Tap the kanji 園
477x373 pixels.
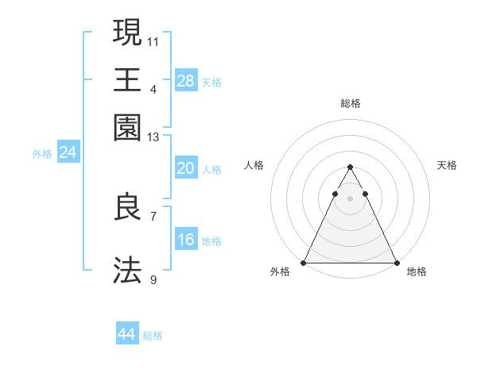tap(127, 127)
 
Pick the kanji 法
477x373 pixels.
tap(127, 270)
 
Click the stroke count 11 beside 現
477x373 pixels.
tap(153, 40)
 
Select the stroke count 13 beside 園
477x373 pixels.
tap(153, 137)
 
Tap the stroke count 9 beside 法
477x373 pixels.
tap(153, 279)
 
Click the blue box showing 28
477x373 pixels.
tap(185, 80)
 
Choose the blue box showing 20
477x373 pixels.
tap(185, 168)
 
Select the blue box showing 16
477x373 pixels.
tap(185, 240)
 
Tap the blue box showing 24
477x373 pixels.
tap(68, 152)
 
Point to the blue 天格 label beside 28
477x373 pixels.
tap(211, 83)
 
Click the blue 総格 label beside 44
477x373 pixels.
tap(153, 336)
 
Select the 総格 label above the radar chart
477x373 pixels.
tap(351, 103)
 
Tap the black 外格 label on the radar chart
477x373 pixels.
tap(280, 272)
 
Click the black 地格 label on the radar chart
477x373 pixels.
tap(417, 272)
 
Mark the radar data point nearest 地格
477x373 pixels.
tap(396, 263)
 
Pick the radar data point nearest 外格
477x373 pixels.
tap(304, 263)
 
